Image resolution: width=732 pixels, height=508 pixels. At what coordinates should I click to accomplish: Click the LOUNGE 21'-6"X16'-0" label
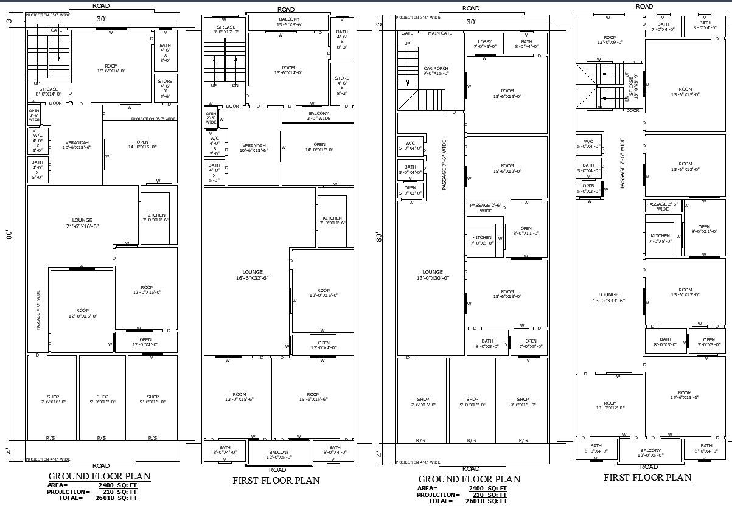pyautogui.click(x=82, y=223)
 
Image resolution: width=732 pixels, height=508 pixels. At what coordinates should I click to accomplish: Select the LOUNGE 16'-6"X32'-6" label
pyautogui.click(x=253, y=275)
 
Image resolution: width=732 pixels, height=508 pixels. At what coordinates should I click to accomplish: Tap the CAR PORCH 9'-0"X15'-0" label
pyautogui.click(x=436, y=71)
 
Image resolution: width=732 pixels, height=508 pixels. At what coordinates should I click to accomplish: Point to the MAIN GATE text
pyautogui.click(x=440, y=33)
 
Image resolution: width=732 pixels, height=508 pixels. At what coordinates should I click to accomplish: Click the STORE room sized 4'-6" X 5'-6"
pyautogui.click(x=165, y=89)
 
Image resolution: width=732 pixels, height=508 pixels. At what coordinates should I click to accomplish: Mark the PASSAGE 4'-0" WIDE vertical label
pyautogui.click(x=38, y=310)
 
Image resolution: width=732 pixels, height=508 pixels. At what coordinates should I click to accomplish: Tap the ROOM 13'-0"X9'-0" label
pyautogui.click(x=609, y=39)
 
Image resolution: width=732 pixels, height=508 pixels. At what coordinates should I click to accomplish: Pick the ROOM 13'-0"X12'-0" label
pyautogui.click(x=610, y=405)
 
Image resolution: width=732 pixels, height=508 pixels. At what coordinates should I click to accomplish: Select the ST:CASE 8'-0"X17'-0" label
pyautogui.click(x=226, y=30)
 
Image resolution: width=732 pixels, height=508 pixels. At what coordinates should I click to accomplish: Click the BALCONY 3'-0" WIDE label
pyautogui.click(x=318, y=116)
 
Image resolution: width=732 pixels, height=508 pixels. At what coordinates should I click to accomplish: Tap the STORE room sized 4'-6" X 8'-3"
pyautogui.click(x=342, y=86)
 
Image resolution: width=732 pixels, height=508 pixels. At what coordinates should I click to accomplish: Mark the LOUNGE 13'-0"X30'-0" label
pyautogui.click(x=433, y=275)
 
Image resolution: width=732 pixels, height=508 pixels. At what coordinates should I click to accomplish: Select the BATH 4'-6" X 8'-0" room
pyautogui.click(x=165, y=52)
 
